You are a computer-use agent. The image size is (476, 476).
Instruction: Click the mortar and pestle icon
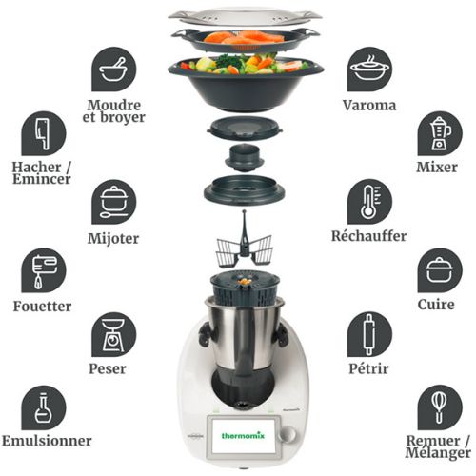[x=114, y=69]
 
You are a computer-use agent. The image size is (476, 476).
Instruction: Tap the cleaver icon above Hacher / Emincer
[x=44, y=133]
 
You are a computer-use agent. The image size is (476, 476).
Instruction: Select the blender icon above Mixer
[x=440, y=133]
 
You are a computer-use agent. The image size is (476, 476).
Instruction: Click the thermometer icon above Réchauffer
[x=369, y=202]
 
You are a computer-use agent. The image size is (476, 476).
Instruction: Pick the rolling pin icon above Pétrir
[x=369, y=334]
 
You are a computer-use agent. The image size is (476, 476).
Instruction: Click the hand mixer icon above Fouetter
[x=44, y=270]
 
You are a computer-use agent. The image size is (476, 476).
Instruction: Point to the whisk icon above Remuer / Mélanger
[x=440, y=407]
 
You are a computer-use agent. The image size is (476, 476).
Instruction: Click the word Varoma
[x=369, y=106]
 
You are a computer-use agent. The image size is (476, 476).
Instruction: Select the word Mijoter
[x=113, y=239]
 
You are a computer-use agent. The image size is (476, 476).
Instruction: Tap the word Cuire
[x=436, y=305]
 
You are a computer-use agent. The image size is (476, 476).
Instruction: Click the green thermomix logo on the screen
[x=243, y=435]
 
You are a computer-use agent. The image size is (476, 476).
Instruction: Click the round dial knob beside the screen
[x=288, y=434]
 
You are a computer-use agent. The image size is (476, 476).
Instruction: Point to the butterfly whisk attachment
[x=244, y=240]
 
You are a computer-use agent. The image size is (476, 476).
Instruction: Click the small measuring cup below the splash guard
[x=245, y=158]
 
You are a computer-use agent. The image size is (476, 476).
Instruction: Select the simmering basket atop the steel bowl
[x=245, y=288]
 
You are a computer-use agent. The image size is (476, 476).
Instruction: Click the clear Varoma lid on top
[x=245, y=17]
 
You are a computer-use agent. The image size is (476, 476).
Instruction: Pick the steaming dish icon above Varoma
[x=369, y=69]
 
